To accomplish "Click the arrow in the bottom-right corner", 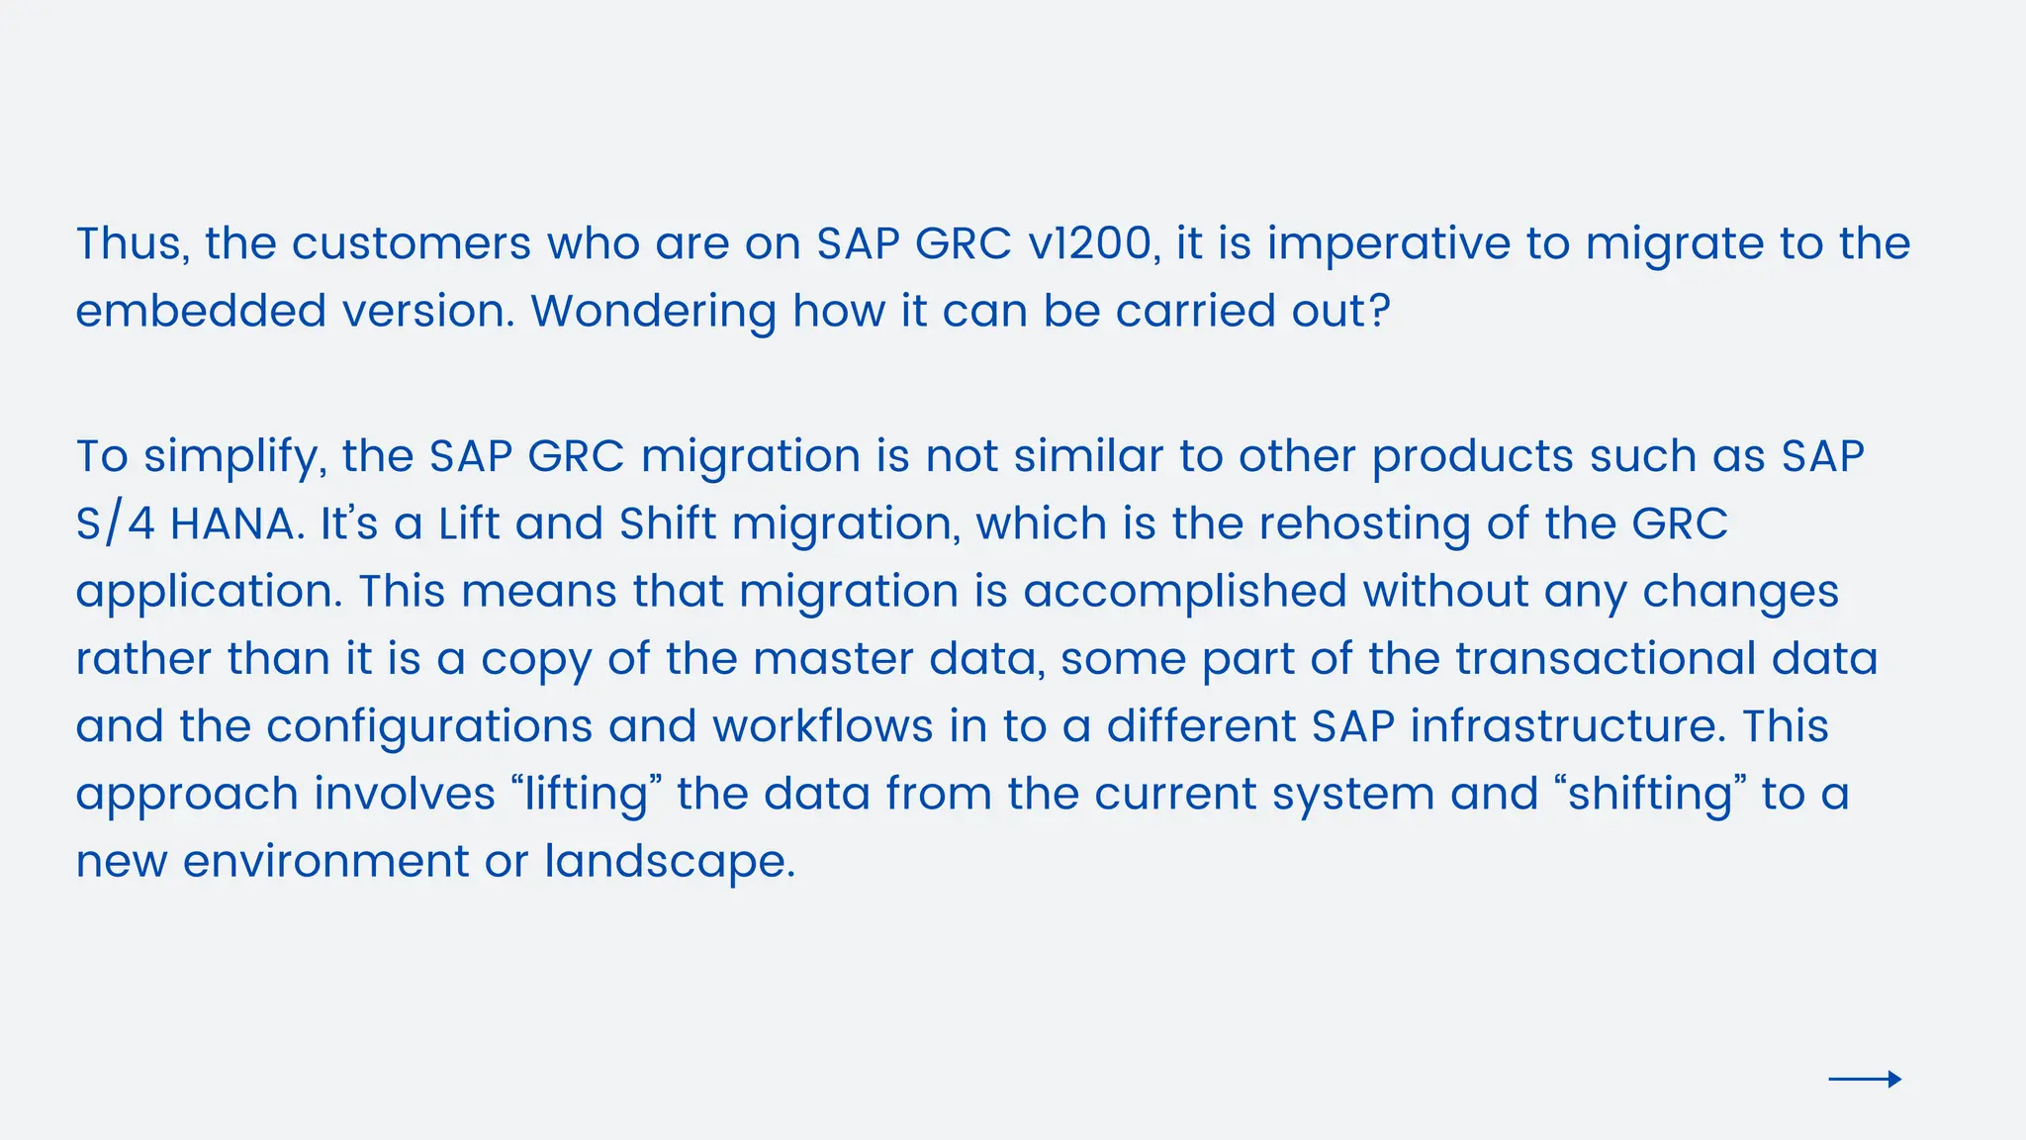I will pos(1865,1079).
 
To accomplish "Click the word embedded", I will pos(201,311).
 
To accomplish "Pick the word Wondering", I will pos(653,311).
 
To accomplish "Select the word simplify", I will pos(234,457).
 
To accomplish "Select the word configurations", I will pos(429,727).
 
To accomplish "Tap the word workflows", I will pos(822,726).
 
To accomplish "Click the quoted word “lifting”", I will pos(587,794).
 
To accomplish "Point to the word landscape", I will pos(670,862).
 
